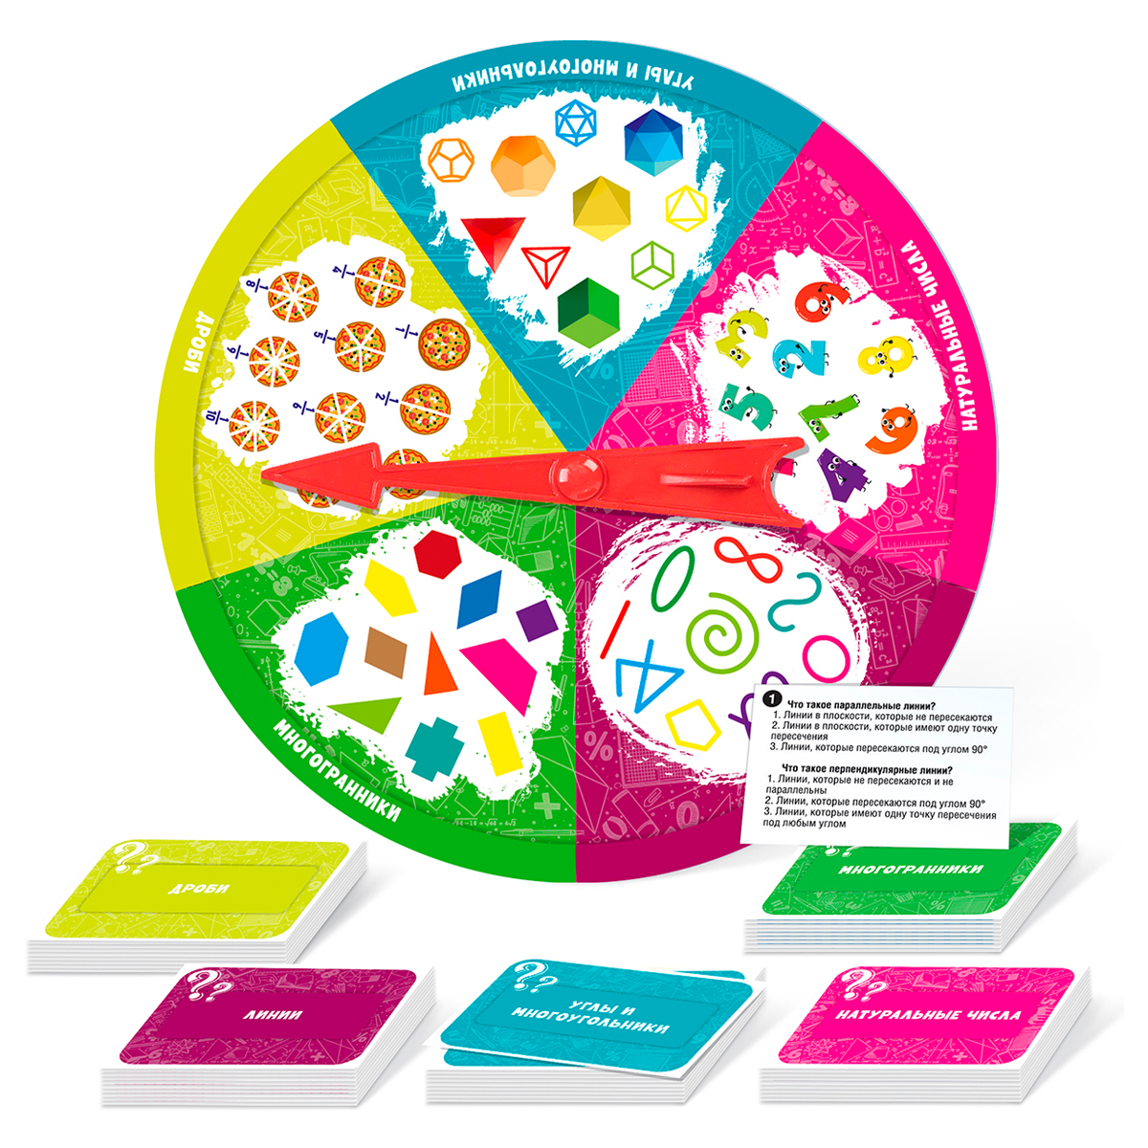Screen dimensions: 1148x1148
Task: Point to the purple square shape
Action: tap(539, 622)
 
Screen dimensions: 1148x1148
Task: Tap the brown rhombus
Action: tap(386, 651)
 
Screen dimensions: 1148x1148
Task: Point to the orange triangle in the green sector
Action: tap(436, 667)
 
